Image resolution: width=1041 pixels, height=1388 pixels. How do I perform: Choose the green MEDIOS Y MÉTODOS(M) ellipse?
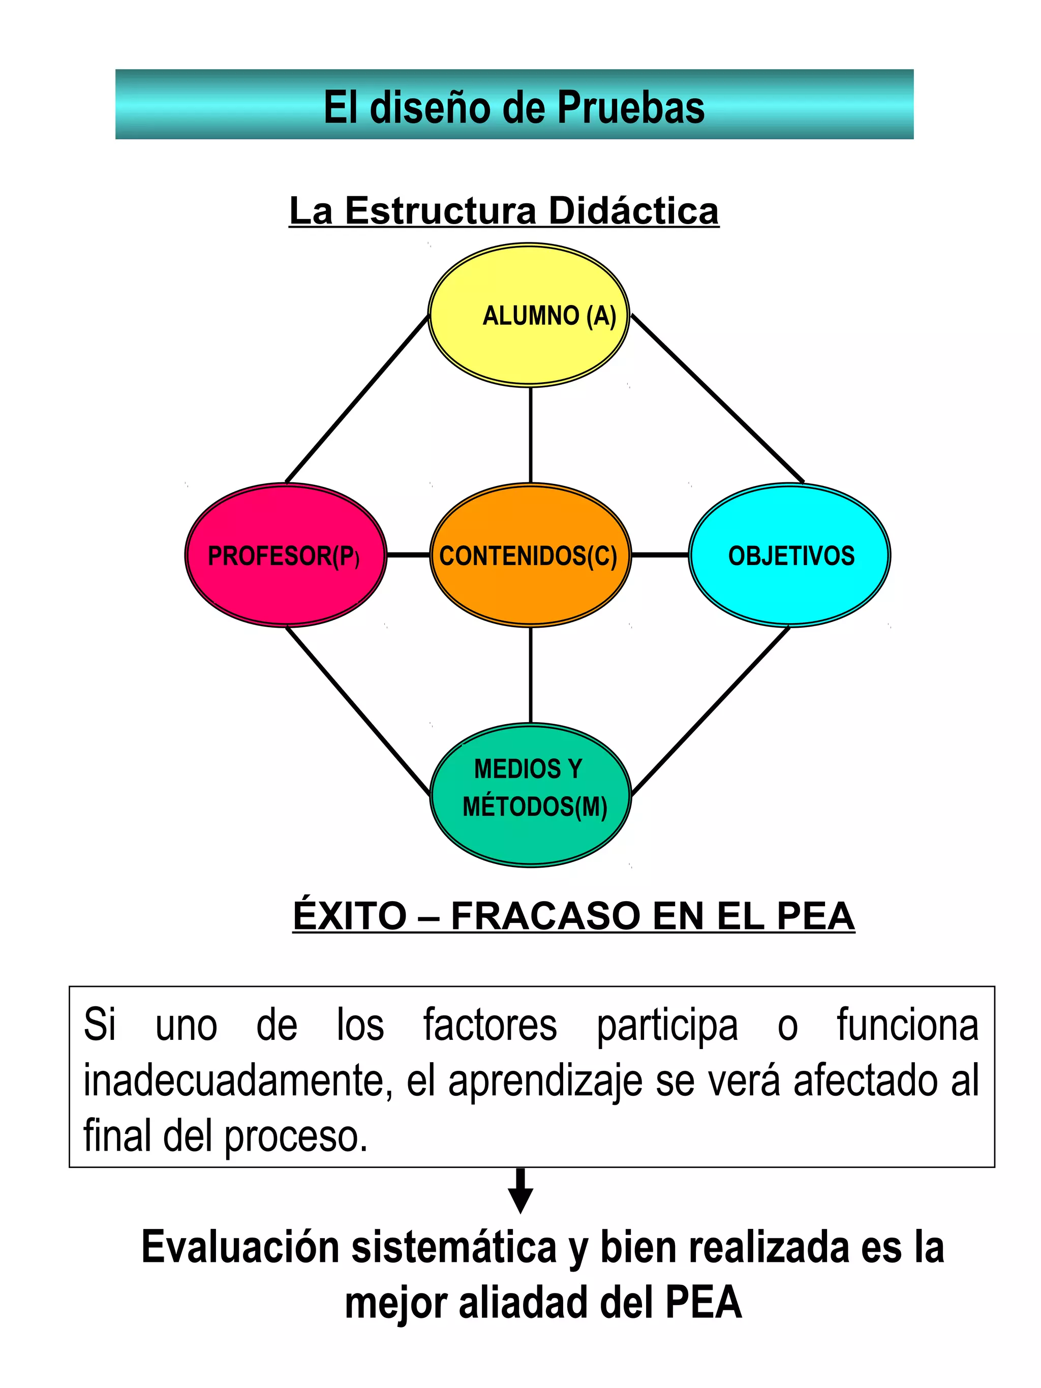click(x=530, y=795)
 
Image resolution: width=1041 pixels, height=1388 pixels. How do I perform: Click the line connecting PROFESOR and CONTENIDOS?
click(x=408, y=554)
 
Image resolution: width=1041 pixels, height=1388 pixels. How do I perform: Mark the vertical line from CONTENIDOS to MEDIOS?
click(x=530, y=674)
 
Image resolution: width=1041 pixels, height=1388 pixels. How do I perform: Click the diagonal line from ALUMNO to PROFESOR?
click(x=356, y=399)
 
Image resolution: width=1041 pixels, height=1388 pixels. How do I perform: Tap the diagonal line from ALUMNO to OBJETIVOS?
click(x=717, y=398)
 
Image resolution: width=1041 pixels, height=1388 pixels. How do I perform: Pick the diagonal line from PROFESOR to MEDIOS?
click(x=358, y=711)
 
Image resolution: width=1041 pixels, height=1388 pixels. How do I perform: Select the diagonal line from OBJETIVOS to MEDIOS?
click(x=710, y=711)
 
